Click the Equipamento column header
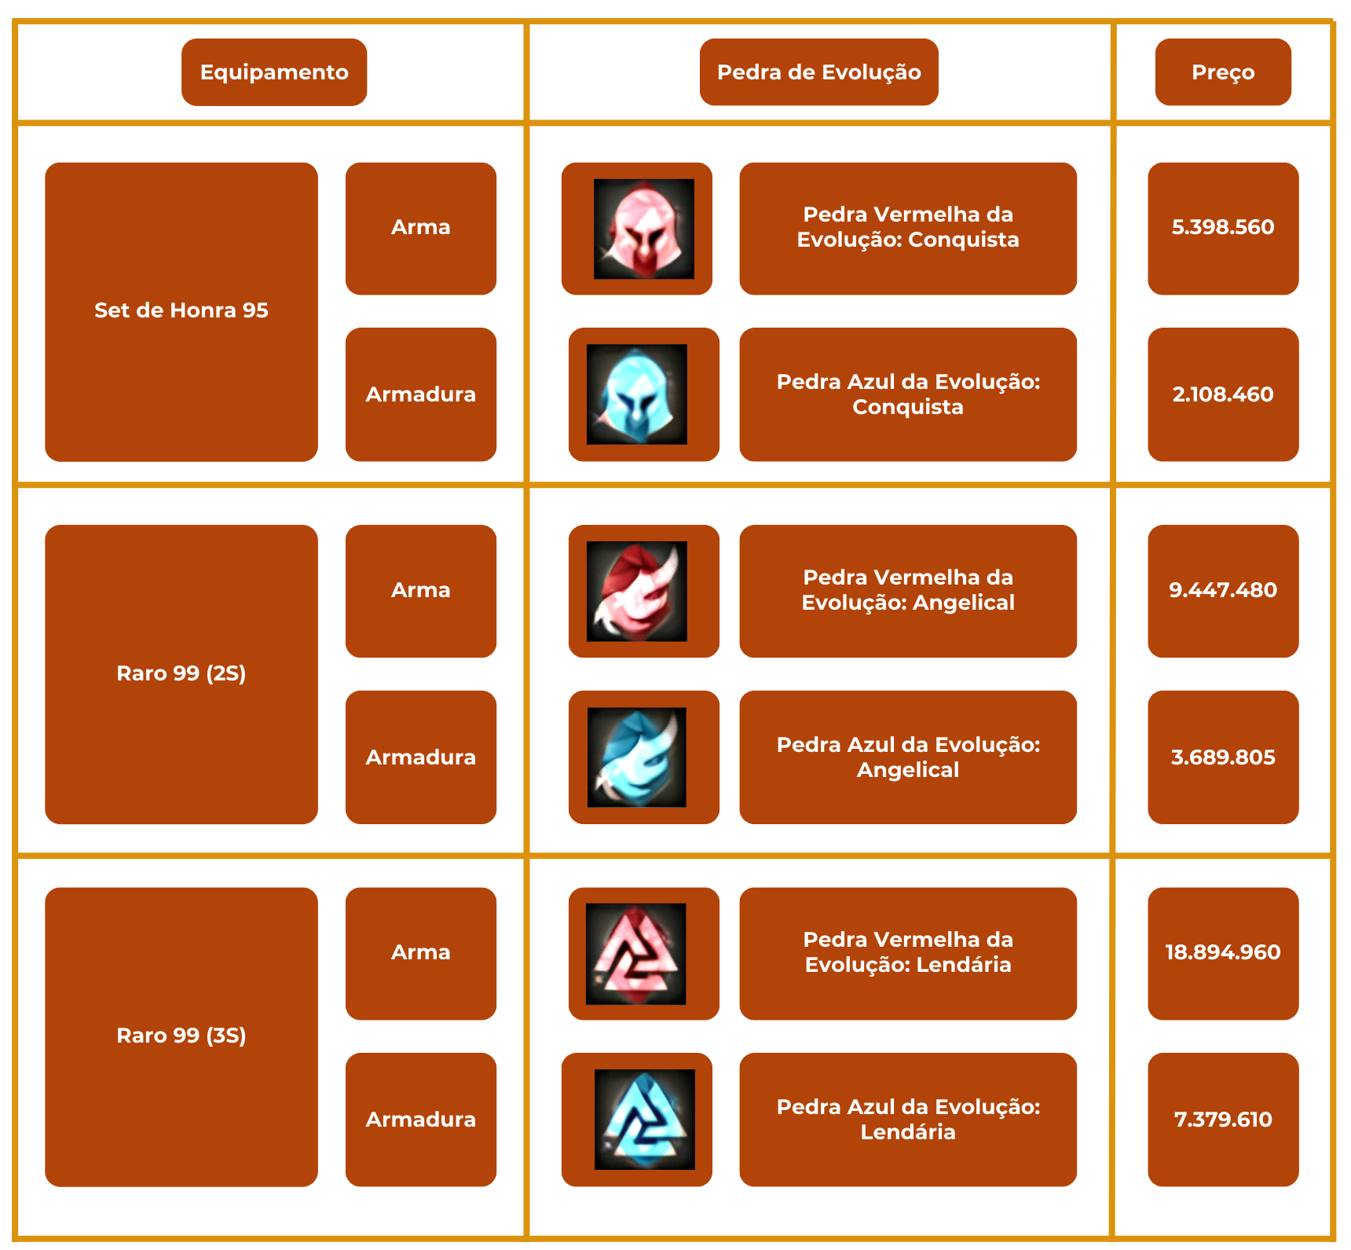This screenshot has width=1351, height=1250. point(274,72)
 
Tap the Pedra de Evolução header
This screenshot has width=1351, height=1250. point(818,72)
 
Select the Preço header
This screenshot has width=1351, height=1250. point(1222,72)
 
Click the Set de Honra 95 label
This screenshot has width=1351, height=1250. point(181,310)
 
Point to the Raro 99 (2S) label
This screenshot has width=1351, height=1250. point(181,673)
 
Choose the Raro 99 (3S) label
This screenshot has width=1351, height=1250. point(181,1036)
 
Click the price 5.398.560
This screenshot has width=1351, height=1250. point(1222,228)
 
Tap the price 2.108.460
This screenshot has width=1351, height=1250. point(1222,394)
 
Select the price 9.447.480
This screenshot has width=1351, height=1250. point(1222,590)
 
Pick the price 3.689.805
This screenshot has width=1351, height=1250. point(1222,757)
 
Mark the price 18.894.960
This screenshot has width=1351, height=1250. point(1222,952)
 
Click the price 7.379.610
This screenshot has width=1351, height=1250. point(1222,1120)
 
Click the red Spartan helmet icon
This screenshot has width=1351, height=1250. point(643,229)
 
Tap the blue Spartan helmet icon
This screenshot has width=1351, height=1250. point(637,394)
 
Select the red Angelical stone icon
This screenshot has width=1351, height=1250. point(637,591)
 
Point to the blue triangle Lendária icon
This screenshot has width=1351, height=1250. point(644,1120)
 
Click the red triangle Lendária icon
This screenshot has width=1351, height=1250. point(636,954)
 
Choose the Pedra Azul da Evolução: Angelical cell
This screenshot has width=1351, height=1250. point(907,757)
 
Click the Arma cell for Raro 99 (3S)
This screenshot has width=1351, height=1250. point(421,952)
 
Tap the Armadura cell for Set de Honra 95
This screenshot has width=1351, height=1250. point(421,394)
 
